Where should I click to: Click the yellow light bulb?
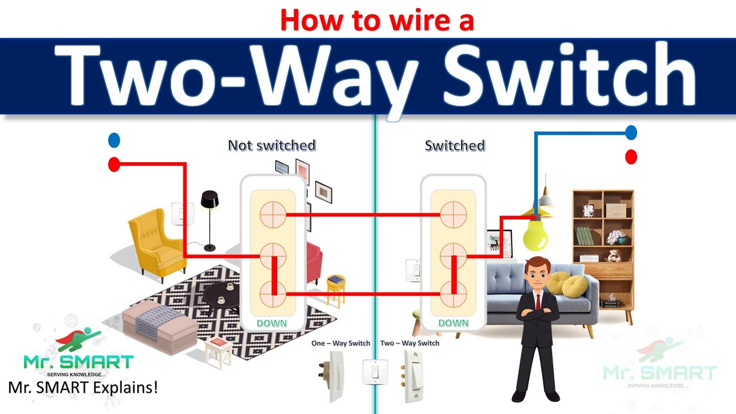(535, 235)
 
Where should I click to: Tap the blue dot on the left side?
(114, 140)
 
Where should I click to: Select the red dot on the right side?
(631, 157)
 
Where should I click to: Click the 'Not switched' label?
(272, 145)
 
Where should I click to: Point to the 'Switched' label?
(455, 145)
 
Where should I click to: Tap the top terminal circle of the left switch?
(273, 215)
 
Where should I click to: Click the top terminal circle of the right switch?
(453, 215)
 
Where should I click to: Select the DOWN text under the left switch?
(272, 323)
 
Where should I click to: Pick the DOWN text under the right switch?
(454, 323)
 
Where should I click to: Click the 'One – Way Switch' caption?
(341, 343)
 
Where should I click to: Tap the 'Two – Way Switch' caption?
(410, 343)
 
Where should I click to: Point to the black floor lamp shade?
(210, 199)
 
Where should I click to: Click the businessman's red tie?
(538, 302)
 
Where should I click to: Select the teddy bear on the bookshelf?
(614, 255)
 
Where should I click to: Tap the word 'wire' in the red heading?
(419, 20)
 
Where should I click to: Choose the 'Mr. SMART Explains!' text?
(83, 388)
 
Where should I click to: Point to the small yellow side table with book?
(336, 289)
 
